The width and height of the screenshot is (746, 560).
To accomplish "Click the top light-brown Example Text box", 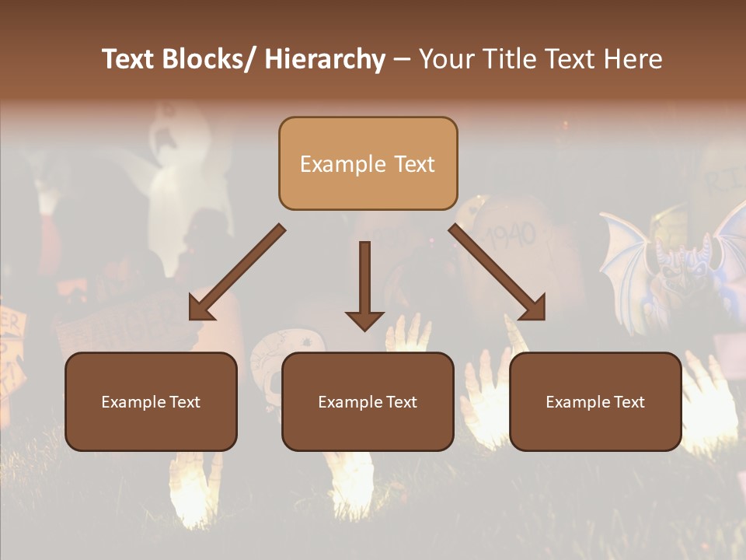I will pos(368,163).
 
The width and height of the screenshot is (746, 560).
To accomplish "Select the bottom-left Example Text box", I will pos(151,401).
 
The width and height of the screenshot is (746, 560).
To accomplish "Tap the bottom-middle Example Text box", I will pos(368,401).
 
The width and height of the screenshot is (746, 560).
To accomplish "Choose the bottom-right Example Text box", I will pos(595,401).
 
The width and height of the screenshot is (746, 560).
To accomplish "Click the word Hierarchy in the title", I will pos(325,59).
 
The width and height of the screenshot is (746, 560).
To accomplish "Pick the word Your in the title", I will pos(446,59).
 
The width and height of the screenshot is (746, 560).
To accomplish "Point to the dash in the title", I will pos(401,59).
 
